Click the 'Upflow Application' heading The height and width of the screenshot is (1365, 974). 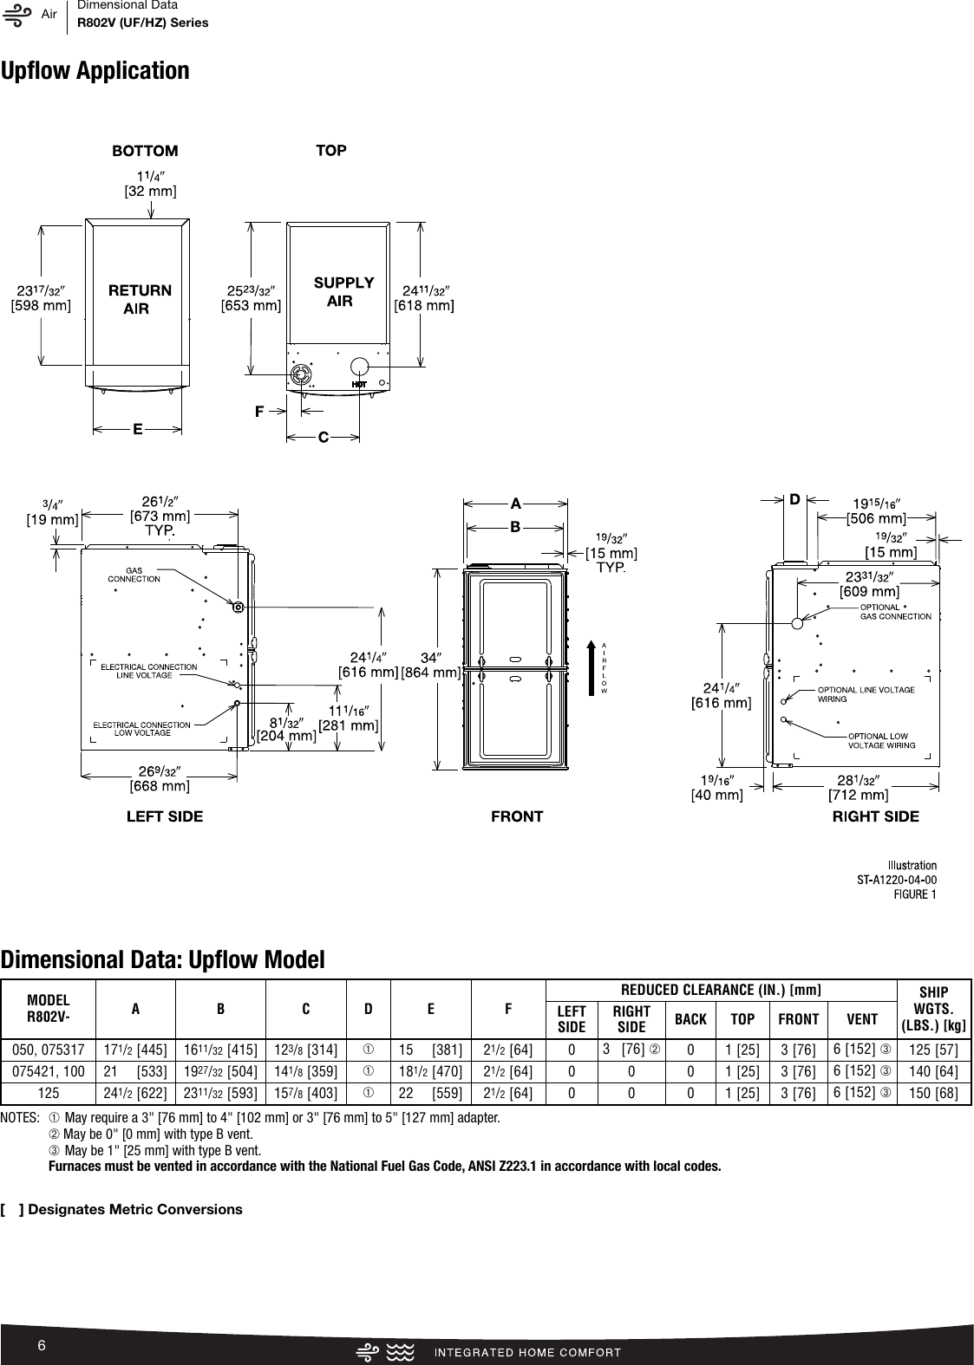(x=95, y=71)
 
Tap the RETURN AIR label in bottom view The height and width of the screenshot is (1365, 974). (x=139, y=299)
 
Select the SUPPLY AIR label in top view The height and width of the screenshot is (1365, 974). (x=343, y=292)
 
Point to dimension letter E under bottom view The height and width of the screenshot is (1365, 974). (x=137, y=427)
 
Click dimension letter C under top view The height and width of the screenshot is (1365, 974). (x=323, y=438)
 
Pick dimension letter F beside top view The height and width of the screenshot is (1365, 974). (x=258, y=411)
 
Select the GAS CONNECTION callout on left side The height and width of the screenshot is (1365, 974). (x=134, y=575)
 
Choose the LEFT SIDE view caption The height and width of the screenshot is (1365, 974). (x=165, y=816)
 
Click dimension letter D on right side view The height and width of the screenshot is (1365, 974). (x=794, y=499)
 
